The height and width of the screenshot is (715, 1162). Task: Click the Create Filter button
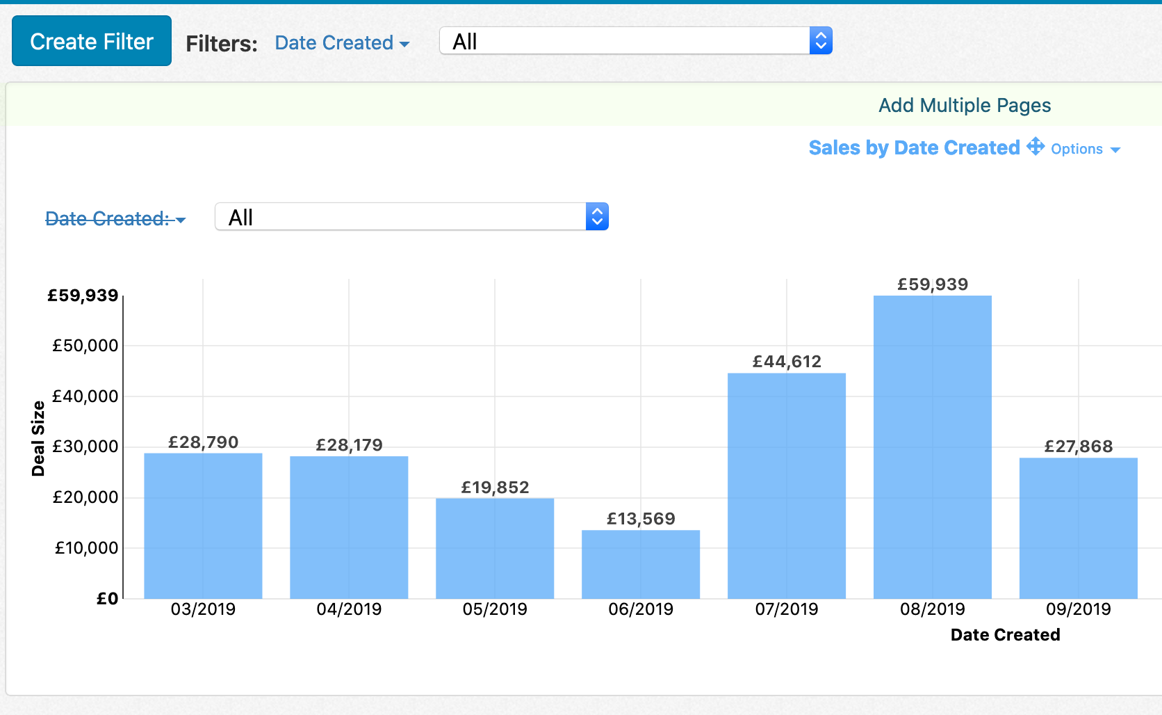(92, 41)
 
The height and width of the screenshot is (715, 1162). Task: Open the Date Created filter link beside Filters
(341, 43)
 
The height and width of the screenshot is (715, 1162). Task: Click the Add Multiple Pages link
(964, 105)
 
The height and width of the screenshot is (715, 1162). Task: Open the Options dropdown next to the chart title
(1085, 149)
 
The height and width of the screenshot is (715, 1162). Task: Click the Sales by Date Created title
(913, 147)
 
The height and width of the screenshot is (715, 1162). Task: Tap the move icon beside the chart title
(1036, 146)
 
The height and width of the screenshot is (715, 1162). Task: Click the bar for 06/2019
(640, 564)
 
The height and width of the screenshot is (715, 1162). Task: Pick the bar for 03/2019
(203, 525)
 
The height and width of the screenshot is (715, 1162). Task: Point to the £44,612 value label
(787, 361)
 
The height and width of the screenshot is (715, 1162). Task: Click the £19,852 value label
(495, 487)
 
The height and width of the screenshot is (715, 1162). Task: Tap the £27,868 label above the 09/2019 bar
(1078, 446)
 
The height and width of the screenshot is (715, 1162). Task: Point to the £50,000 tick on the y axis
(85, 346)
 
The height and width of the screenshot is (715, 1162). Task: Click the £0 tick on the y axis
(107, 598)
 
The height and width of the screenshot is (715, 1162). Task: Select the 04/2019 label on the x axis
(349, 609)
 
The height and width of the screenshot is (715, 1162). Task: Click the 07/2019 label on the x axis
(787, 609)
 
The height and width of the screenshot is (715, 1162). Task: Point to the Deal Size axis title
(38, 438)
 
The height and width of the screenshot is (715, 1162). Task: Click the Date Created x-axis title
(1005, 634)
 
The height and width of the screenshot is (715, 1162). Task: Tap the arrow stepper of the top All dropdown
(821, 41)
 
